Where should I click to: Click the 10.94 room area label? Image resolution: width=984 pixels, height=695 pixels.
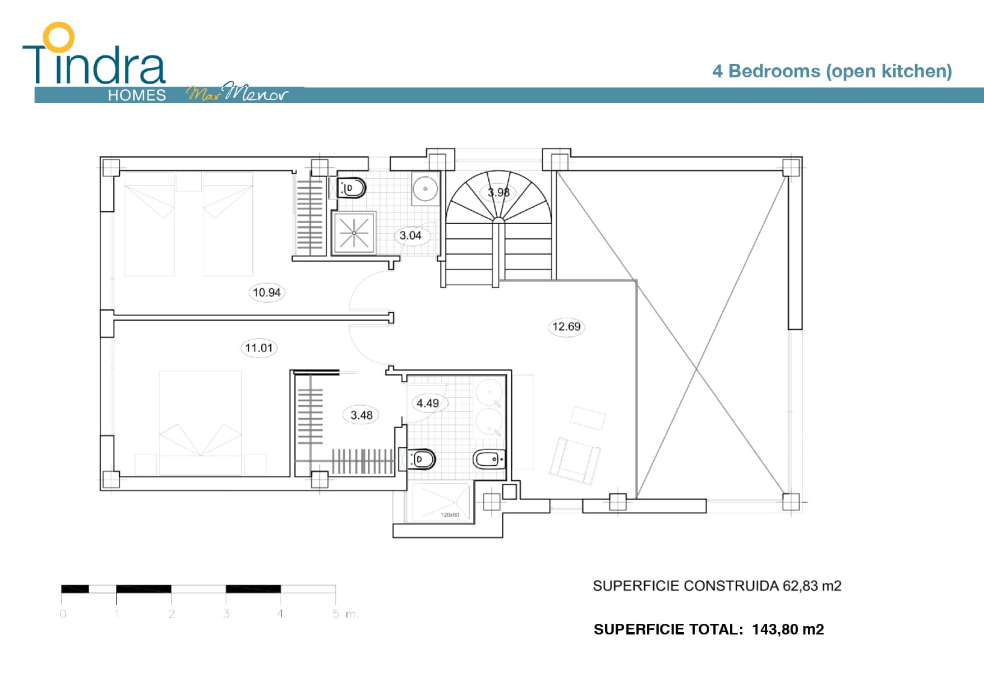coord(266,292)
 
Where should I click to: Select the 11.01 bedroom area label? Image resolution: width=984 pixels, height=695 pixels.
coord(258,347)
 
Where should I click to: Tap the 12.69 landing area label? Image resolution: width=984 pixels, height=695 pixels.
coord(566,326)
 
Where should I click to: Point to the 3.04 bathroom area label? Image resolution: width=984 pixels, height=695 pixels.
coord(410,235)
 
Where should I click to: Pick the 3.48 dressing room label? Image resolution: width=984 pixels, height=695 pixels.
coord(362,415)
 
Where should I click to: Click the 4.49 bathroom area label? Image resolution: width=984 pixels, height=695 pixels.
coord(428,403)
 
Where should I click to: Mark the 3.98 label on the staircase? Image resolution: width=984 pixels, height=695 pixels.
coord(498,192)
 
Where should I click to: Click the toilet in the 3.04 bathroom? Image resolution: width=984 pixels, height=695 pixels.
coord(352,188)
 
